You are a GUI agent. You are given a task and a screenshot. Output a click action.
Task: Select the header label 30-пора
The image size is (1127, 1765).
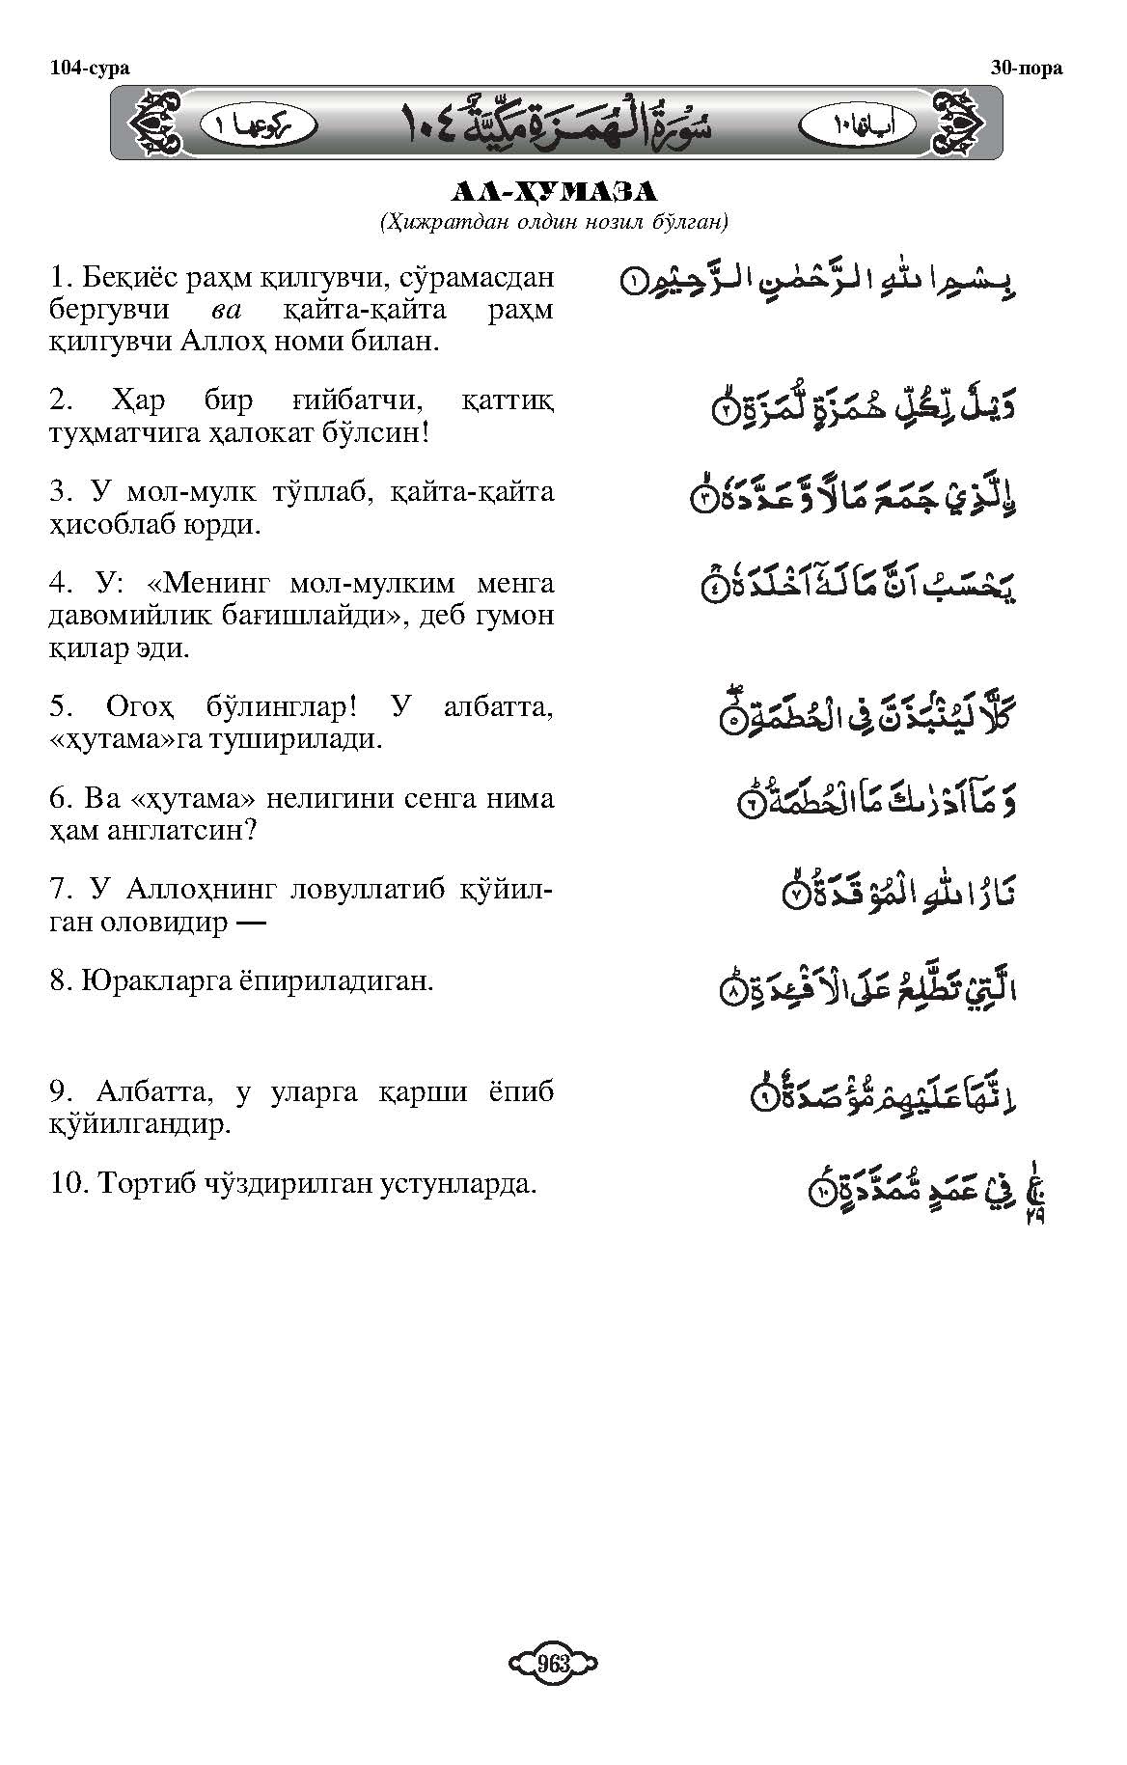(x=1027, y=68)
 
